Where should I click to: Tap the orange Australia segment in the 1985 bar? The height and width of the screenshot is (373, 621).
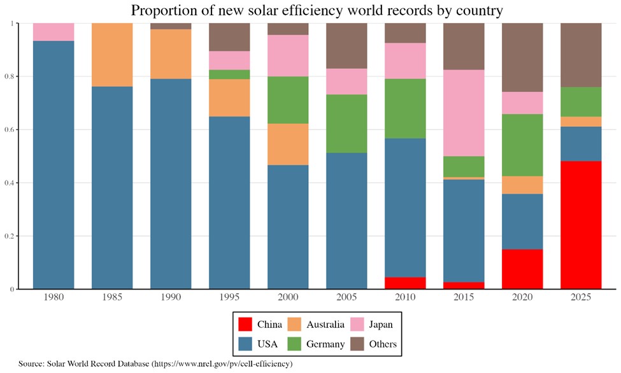tap(112, 55)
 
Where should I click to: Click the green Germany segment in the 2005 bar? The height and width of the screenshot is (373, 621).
tap(346, 124)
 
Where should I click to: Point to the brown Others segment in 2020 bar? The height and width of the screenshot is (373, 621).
tap(522, 57)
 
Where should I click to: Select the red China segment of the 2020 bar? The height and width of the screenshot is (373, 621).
tap(522, 269)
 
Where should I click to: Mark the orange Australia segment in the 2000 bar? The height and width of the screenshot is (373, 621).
tap(288, 144)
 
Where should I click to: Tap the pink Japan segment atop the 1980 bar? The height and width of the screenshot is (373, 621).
tap(54, 32)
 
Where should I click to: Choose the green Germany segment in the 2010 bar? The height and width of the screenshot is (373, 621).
tap(405, 108)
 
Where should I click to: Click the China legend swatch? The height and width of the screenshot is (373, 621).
tap(244, 325)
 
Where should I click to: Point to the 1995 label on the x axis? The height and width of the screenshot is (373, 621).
tap(229, 298)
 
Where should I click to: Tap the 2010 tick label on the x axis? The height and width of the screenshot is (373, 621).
tap(405, 298)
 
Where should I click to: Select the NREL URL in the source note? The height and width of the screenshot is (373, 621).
tap(221, 363)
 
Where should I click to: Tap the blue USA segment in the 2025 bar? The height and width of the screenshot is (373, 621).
tap(581, 143)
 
